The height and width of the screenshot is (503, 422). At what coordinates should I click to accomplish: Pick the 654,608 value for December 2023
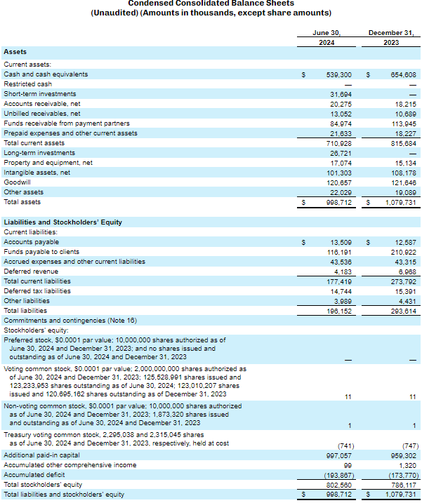tap(402, 74)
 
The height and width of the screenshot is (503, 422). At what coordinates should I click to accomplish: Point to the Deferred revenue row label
tap(31, 271)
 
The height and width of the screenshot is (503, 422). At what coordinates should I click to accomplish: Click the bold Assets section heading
tap(15, 52)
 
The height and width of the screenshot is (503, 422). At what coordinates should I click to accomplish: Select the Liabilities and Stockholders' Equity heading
tap(63, 222)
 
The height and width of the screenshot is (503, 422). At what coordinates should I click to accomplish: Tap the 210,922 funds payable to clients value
tap(402, 251)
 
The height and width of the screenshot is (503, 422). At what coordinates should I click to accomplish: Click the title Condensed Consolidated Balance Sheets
tap(211, 4)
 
